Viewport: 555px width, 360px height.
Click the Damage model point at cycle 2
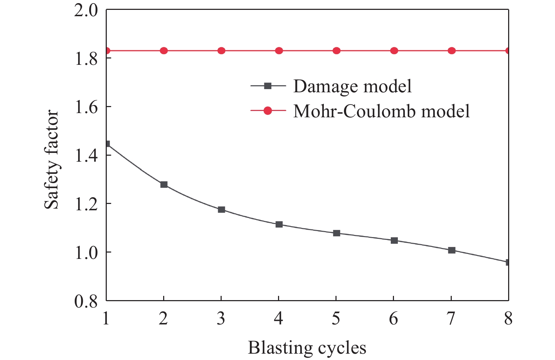(164, 185)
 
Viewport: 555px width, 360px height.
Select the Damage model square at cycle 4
(279, 224)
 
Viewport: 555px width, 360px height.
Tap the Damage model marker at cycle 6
(394, 241)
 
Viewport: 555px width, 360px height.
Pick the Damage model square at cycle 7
(452, 250)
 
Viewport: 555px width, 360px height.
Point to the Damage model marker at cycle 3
(221, 210)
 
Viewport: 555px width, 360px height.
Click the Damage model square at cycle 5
(337, 233)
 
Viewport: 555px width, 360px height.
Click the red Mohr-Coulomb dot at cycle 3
(221, 51)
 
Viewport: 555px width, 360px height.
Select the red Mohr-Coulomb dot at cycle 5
(337, 51)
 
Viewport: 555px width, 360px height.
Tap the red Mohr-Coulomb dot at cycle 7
(452, 51)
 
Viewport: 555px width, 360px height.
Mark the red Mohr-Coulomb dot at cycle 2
(164, 51)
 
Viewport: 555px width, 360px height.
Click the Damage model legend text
(352, 86)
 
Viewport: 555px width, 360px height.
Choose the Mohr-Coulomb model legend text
(382, 111)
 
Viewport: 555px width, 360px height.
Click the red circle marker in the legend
(268, 111)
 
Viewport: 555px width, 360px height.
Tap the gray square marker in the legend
(268, 86)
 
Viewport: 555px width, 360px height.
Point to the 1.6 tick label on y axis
(86, 107)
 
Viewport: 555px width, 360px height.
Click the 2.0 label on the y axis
(86, 11)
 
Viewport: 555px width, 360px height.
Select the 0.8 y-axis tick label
(86, 302)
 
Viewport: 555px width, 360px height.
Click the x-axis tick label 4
(279, 319)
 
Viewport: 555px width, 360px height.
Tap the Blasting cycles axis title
(307, 348)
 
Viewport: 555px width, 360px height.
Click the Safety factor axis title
(51, 160)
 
